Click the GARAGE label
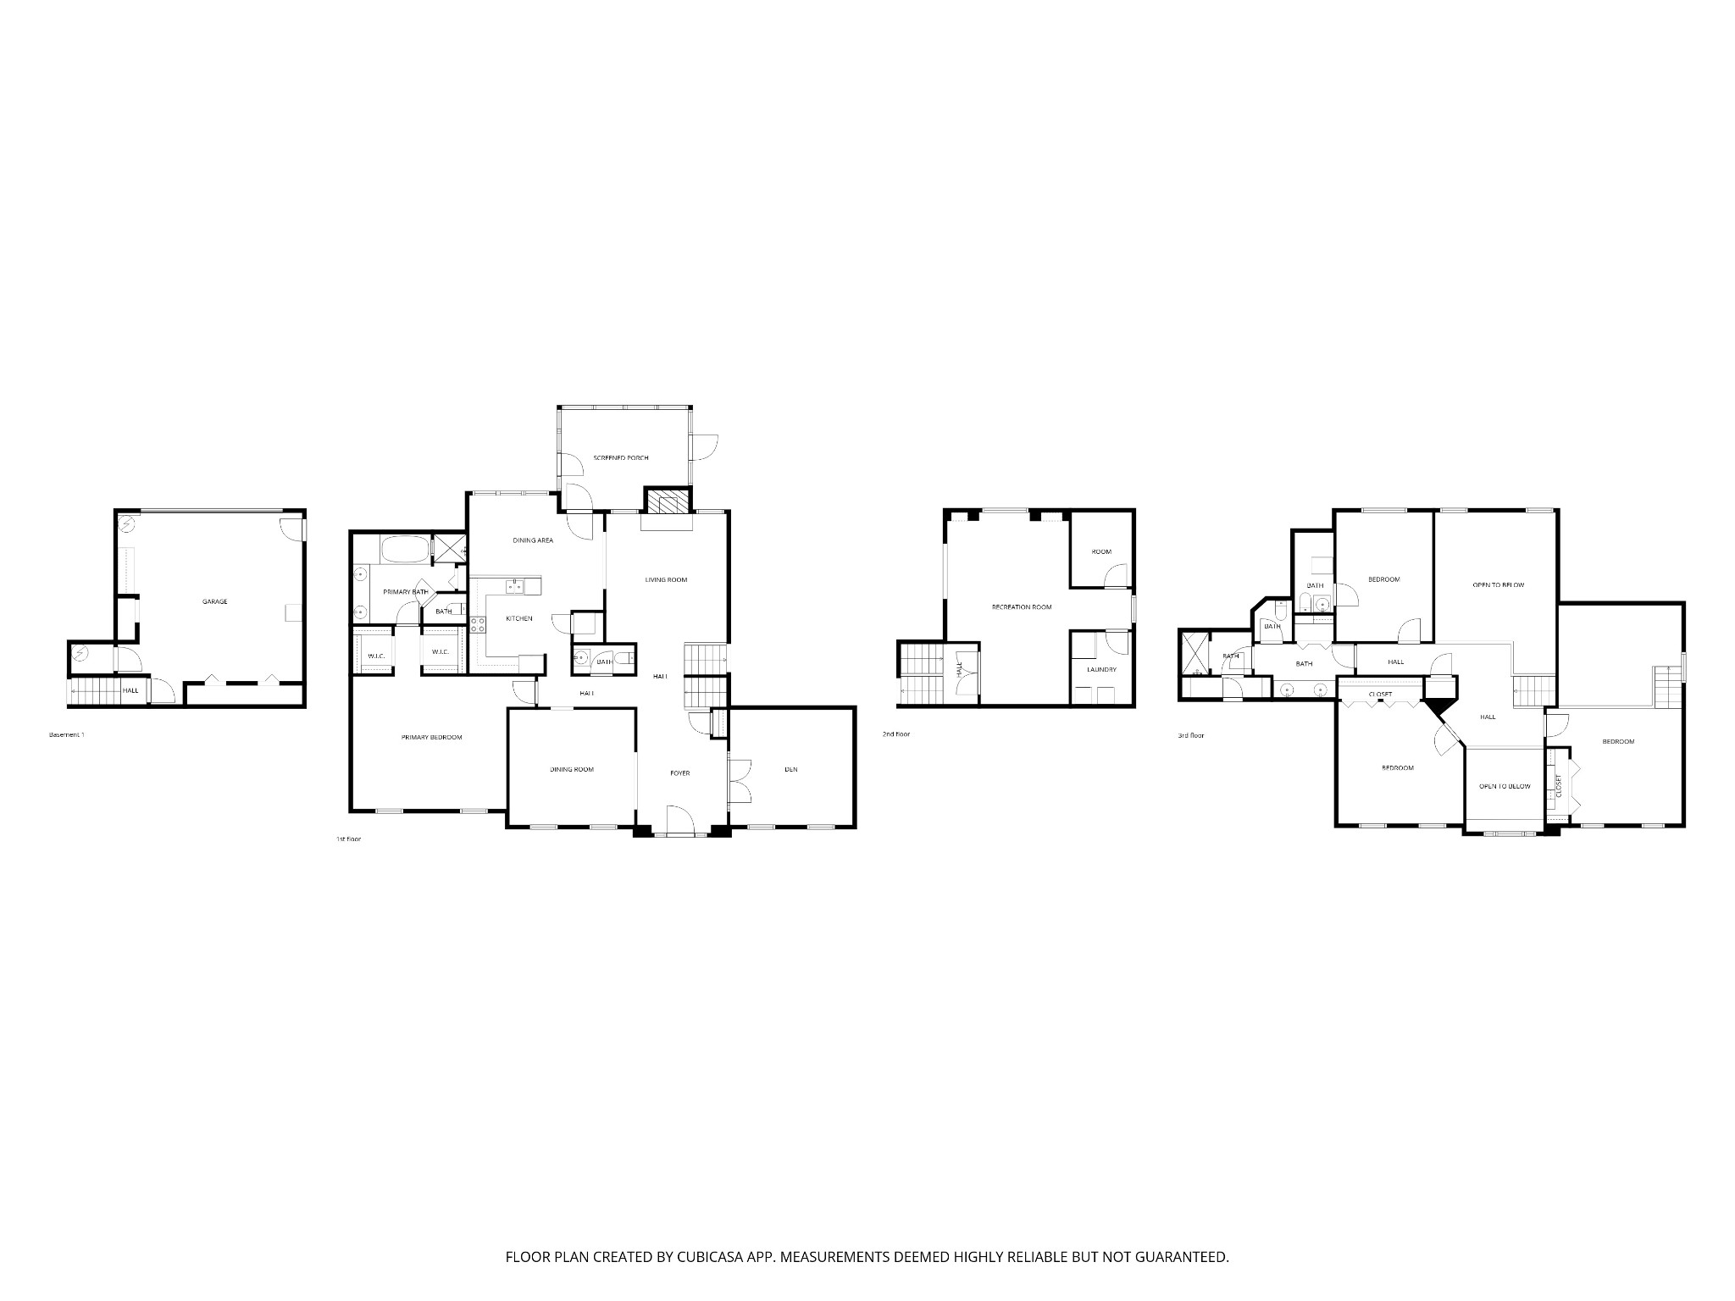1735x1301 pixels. click(214, 601)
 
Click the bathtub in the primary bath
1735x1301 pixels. click(405, 550)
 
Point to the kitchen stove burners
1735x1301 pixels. click(477, 625)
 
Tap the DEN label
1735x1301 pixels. click(791, 769)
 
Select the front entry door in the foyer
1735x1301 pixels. click(680, 822)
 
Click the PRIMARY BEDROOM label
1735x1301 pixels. click(431, 737)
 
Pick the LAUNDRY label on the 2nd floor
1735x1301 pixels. click(1101, 669)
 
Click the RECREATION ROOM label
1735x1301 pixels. click(1022, 607)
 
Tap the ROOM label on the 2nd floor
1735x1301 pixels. click(1100, 551)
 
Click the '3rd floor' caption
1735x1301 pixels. click(1190, 735)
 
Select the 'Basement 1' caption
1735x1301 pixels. click(67, 734)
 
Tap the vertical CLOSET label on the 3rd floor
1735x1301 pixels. click(1559, 785)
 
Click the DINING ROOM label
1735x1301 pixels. click(572, 769)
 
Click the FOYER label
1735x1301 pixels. click(680, 772)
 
